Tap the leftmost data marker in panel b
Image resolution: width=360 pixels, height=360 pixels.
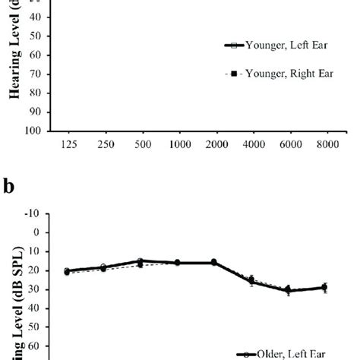click(x=67, y=271)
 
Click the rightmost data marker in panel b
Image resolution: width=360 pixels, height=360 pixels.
click(x=324, y=288)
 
